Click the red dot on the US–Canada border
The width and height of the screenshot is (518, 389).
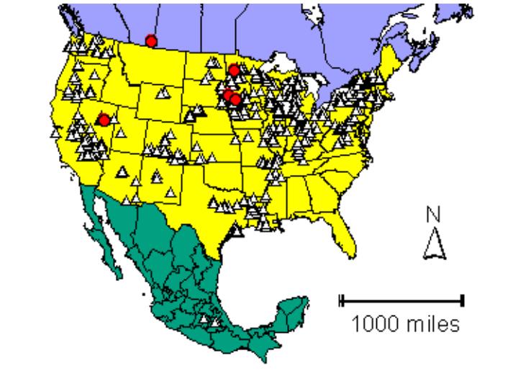coord(150,41)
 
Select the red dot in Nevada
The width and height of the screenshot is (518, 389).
coord(104,120)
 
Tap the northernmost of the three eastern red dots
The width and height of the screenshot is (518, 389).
coord(233,71)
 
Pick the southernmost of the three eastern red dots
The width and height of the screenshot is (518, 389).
coord(235,100)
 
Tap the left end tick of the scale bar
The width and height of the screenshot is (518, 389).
coord(342,300)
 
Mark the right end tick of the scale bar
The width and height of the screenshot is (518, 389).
coord(463,300)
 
